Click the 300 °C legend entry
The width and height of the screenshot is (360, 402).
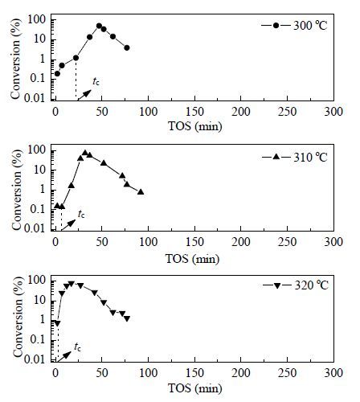pyautogui.click(x=294, y=26)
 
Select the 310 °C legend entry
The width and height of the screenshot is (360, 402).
pyautogui.click(x=294, y=157)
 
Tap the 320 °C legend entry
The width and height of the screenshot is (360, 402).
pyautogui.click(x=295, y=285)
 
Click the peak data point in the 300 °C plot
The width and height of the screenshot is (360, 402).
pyautogui.click(x=99, y=26)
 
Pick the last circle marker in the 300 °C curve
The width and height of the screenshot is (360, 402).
pyautogui.click(x=127, y=47)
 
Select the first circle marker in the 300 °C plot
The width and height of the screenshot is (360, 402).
pyautogui.click(x=57, y=73)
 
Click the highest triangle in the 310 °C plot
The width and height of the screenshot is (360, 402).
pyautogui.click(x=85, y=153)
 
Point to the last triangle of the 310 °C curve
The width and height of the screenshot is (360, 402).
pyautogui.click(x=141, y=192)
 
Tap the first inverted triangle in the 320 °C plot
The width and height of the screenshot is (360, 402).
pyautogui.click(x=57, y=323)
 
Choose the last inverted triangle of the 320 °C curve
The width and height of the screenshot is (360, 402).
pyautogui.click(x=127, y=318)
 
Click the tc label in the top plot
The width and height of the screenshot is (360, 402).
pyautogui.click(x=96, y=81)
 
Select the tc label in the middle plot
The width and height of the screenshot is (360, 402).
pyautogui.click(x=81, y=214)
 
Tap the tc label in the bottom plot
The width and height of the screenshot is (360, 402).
pyautogui.click(x=77, y=347)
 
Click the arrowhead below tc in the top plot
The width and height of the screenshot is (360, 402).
pyautogui.click(x=88, y=92)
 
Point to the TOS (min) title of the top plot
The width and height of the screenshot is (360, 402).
pyautogui.click(x=195, y=126)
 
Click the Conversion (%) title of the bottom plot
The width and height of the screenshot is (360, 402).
pyautogui.click(x=17, y=317)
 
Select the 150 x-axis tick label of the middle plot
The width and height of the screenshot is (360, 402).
pyautogui.click(x=194, y=242)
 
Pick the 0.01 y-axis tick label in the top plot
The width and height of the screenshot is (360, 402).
pyautogui.click(x=35, y=98)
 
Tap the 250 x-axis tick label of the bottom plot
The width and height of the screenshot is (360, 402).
pyautogui.click(x=288, y=373)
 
